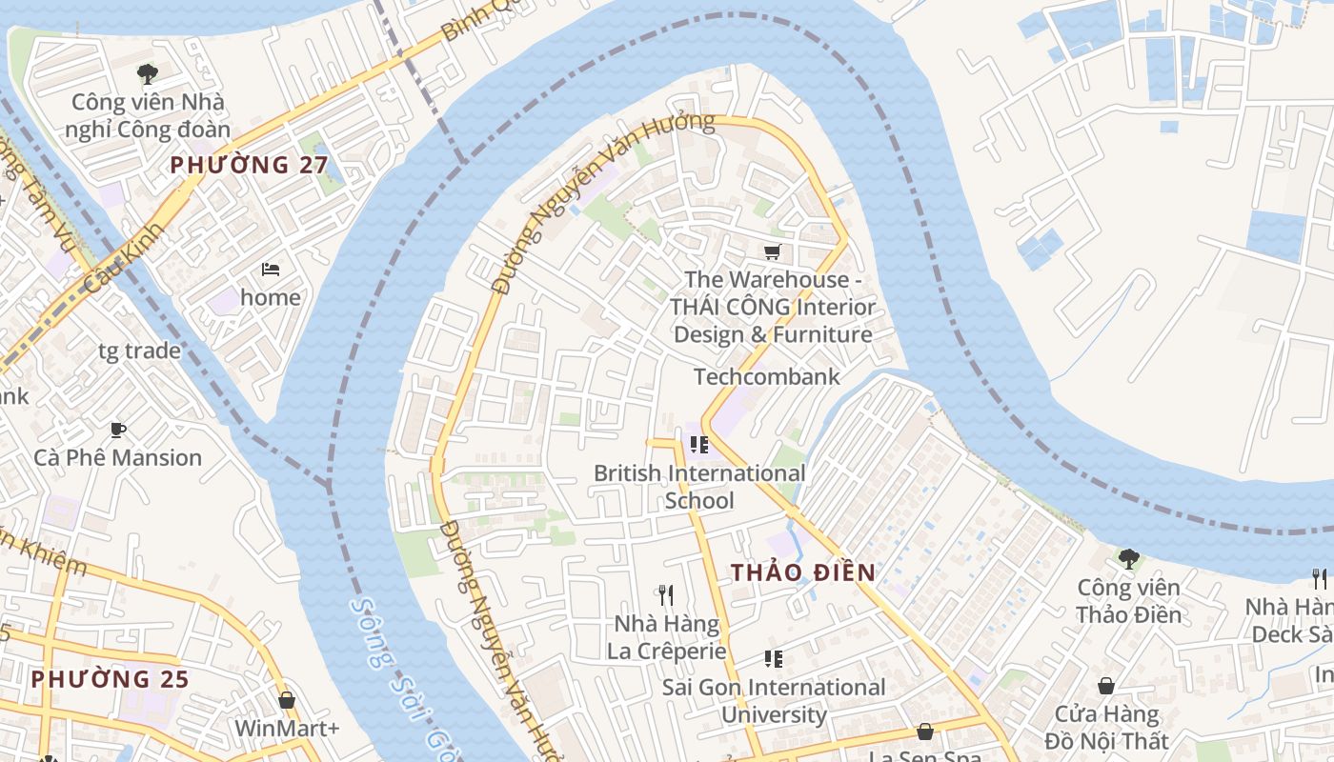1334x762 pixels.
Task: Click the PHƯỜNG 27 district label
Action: coord(249,165)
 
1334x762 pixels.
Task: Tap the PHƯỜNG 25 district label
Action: coord(110,679)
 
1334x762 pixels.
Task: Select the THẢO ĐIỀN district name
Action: coord(802,571)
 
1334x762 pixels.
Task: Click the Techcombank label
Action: coord(767,376)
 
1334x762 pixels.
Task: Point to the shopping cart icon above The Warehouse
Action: coord(772,252)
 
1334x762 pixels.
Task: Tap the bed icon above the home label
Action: coord(271,270)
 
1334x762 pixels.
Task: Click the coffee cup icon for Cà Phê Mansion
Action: coord(118,431)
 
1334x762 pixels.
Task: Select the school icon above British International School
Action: coord(699,445)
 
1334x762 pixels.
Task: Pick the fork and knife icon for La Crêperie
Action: coord(667,595)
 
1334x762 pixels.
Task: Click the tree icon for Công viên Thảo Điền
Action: coord(1129,558)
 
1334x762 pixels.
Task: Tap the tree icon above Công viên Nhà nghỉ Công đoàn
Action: coord(147,73)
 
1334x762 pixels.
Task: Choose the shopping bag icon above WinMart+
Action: coord(287,701)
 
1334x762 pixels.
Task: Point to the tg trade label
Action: coord(139,351)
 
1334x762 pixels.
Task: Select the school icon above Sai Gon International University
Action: coord(774,659)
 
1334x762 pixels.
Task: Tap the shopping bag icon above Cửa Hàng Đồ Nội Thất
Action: coord(1106,686)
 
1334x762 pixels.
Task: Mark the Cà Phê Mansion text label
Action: coord(118,457)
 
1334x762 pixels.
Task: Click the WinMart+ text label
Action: coord(287,728)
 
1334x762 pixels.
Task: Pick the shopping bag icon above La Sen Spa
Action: coord(924,732)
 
